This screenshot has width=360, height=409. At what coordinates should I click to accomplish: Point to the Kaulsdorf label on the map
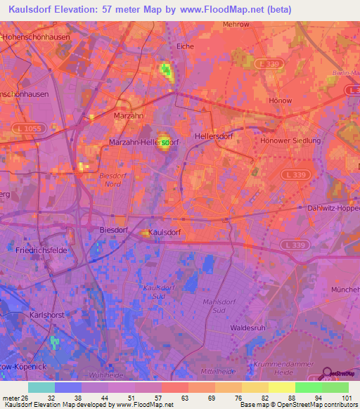tap(166, 232)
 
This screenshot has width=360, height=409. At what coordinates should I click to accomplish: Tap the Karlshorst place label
tap(46, 316)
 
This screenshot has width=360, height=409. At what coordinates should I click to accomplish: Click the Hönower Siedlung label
tap(290, 141)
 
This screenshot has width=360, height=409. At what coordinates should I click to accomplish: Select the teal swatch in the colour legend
tap(41, 387)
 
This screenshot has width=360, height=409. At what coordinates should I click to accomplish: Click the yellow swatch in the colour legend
tap(281, 387)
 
